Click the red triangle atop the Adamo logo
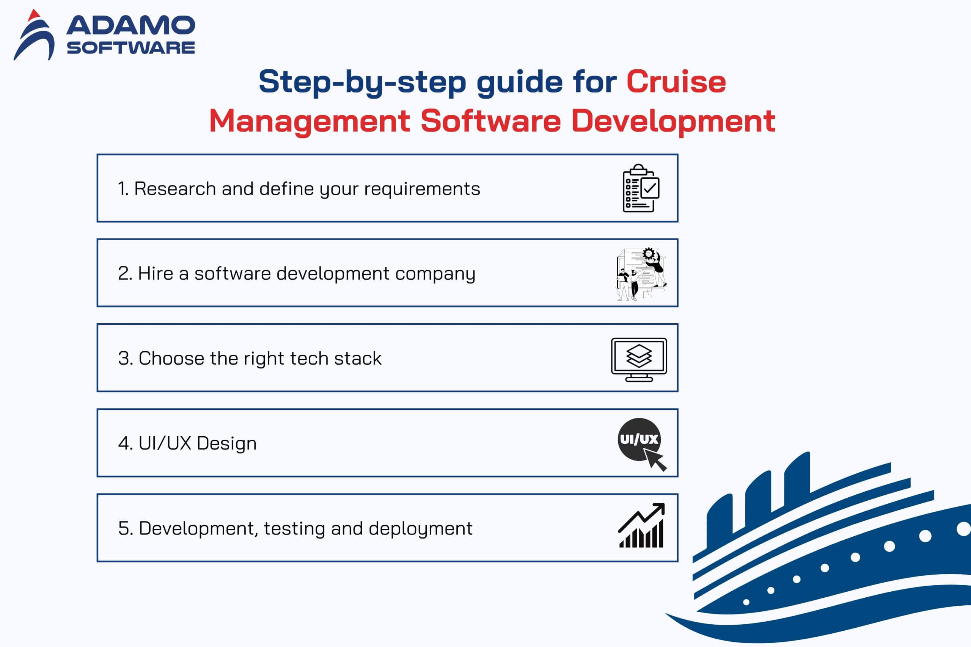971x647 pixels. click(x=34, y=15)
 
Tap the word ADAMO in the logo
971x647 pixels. click(x=130, y=25)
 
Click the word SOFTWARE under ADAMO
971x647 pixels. click(x=130, y=48)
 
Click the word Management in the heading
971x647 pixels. click(x=309, y=121)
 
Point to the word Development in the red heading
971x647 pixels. click(x=673, y=121)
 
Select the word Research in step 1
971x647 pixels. click(x=174, y=189)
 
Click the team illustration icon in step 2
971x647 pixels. click(x=641, y=274)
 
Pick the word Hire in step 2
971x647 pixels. click(x=155, y=273)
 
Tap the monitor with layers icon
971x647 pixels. click(x=639, y=359)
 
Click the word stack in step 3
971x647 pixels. click(x=358, y=358)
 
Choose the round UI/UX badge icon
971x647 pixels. click(x=639, y=439)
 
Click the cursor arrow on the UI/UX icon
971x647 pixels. click(x=655, y=460)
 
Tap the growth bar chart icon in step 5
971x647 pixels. click(x=641, y=525)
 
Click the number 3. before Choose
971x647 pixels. click(x=126, y=358)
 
